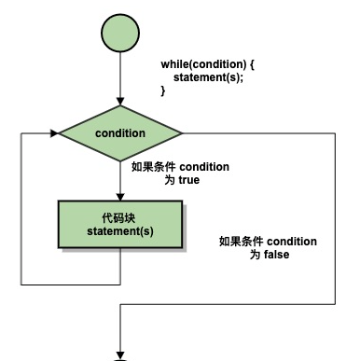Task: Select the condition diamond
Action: click(x=120, y=132)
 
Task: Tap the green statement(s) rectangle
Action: click(x=120, y=223)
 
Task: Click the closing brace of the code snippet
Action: click(x=163, y=90)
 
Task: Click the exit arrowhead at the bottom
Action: click(x=120, y=354)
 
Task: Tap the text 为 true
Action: click(x=183, y=180)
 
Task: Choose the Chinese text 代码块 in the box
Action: click(x=120, y=216)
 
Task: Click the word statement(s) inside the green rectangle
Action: click(x=120, y=230)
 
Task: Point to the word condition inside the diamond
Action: click(x=120, y=132)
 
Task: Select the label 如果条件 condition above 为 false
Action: click(x=269, y=241)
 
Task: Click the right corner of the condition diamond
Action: click(x=182, y=132)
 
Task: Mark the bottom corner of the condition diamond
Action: click(x=120, y=160)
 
